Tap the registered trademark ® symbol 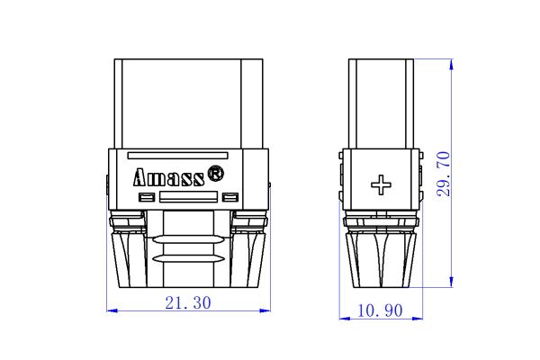(216, 171)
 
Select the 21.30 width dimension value (188, 303)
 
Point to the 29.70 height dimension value (442, 174)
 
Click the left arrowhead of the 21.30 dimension (112, 310)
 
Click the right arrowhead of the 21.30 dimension (265, 310)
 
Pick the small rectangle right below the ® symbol (230, 197)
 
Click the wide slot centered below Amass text (188, 197)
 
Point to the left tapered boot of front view (128, 256)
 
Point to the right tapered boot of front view (249, 256)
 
